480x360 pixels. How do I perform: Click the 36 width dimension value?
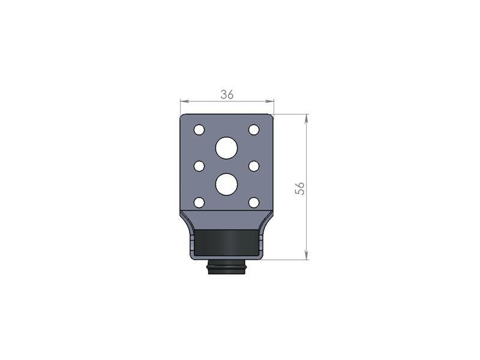pyautogui.click(x=227, y=95)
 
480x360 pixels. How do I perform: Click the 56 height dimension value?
pyautogui.click(x=300, y=188)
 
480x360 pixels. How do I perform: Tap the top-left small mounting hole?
pyautogui.click(x=199, y=130)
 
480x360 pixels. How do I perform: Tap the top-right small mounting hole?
pyautogui.click(x=254, y=130)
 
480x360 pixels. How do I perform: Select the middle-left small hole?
pyautogui.click(x=199, y=166)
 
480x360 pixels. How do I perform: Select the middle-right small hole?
pyautogui.click(x=254, y=166)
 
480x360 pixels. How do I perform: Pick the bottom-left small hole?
pyautogui.click(x=199, y=202)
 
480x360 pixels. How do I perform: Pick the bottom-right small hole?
pyautogui.click(x=254, y=202)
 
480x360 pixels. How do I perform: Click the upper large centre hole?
pyautogui.click(x=227, y=148)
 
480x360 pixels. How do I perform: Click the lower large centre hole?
pyautogui.click(x=227, y=184)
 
